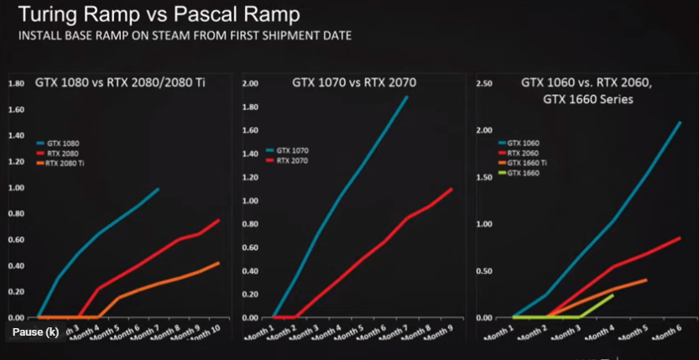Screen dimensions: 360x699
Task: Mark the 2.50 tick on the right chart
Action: tap(483, 83)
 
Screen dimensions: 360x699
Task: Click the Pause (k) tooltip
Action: tap(35, 332)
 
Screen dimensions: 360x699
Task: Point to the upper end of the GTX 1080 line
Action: tap(158, 189)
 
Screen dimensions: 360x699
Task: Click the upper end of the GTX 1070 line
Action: tap(408, 97)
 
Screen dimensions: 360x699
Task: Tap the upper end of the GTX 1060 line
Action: tap(680, 123)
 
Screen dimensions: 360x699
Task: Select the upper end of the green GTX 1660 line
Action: tap(613, 295)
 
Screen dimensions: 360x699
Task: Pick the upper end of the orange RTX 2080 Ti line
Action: tap(219, 263)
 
